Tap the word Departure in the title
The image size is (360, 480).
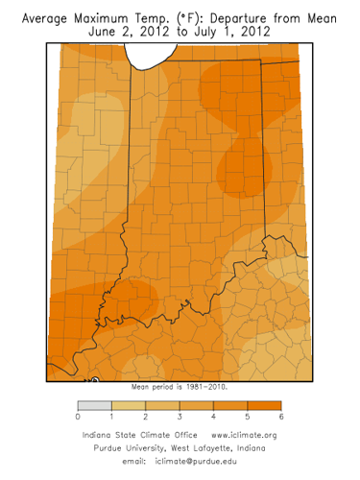point(245,17)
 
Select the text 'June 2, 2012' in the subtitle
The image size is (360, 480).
point(125,32)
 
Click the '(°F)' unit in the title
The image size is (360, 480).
point(197,17)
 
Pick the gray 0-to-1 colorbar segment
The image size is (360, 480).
point(95,405)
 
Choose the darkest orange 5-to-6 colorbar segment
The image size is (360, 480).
point(264,405)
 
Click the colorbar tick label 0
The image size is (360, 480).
point(78,420)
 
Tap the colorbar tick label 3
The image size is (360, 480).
point(180,420)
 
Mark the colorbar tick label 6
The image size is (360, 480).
point(281,420)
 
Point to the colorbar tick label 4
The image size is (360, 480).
point(213,420)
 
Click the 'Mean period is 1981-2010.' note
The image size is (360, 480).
point(180,388)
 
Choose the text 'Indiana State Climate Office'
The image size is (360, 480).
point(134,436)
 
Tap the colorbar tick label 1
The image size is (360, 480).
point(112,420)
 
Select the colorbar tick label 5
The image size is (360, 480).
point(248,420)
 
